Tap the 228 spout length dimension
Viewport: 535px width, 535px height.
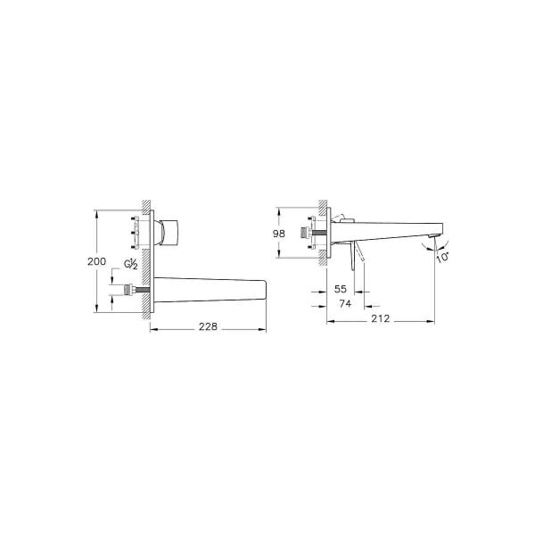pos(207,327)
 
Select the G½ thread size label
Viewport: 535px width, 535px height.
pos(131,265)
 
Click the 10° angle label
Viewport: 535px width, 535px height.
pos(443,257)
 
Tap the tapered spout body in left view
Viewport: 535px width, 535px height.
pos(210,290)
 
